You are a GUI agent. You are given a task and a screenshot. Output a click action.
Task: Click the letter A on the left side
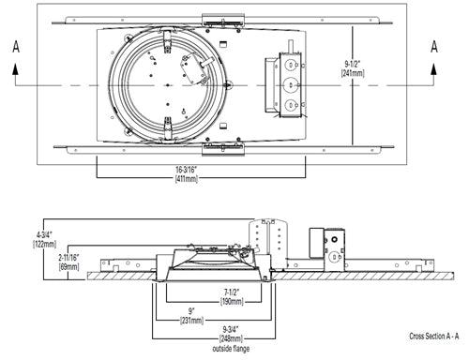[14, 45]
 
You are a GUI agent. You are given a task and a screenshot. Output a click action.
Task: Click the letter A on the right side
[434, 45]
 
